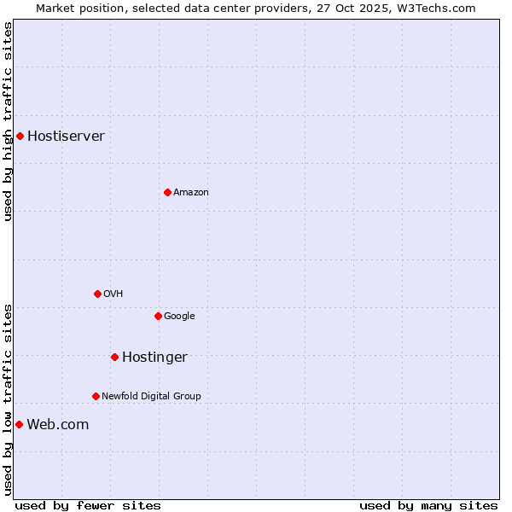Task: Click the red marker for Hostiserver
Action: (20, 136)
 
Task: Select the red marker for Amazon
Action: (167, 192)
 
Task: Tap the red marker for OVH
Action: (97, 294)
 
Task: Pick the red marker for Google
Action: (158, 316)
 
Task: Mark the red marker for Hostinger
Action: (114, 357)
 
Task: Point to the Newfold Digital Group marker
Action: (96, 396)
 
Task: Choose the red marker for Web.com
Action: (19, 424)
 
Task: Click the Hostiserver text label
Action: (66, 136)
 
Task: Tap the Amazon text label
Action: (191, 192)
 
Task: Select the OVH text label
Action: (113, 294)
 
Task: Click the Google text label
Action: (179, 316)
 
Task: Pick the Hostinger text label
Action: (154, 357)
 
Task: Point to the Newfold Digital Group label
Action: (151, 396)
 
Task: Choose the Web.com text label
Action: (57, 424)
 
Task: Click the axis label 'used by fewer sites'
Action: (88, 505)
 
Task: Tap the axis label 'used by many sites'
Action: (428, 505)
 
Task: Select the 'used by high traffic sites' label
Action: (8, 121)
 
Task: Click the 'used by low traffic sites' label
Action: (8, 399)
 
